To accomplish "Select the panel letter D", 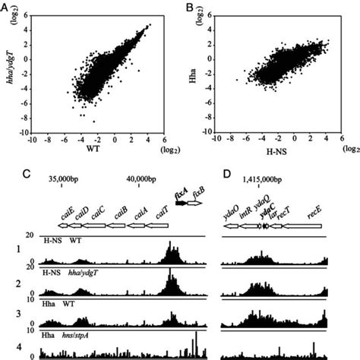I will (x=226, y=174).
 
